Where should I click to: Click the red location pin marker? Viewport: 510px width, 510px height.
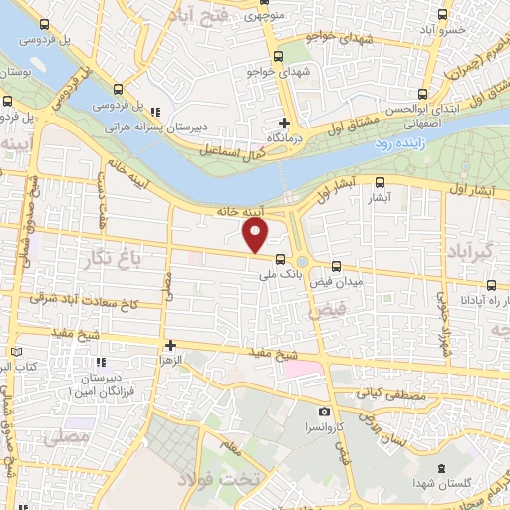pos(256,235)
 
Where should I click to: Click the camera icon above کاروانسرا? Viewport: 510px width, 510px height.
pos(324,411)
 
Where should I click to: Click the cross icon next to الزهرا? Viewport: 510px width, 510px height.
pos(171,345)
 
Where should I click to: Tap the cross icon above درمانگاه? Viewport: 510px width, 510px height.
pos(285,124)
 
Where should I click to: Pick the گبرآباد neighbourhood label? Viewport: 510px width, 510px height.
pos(467,247)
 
